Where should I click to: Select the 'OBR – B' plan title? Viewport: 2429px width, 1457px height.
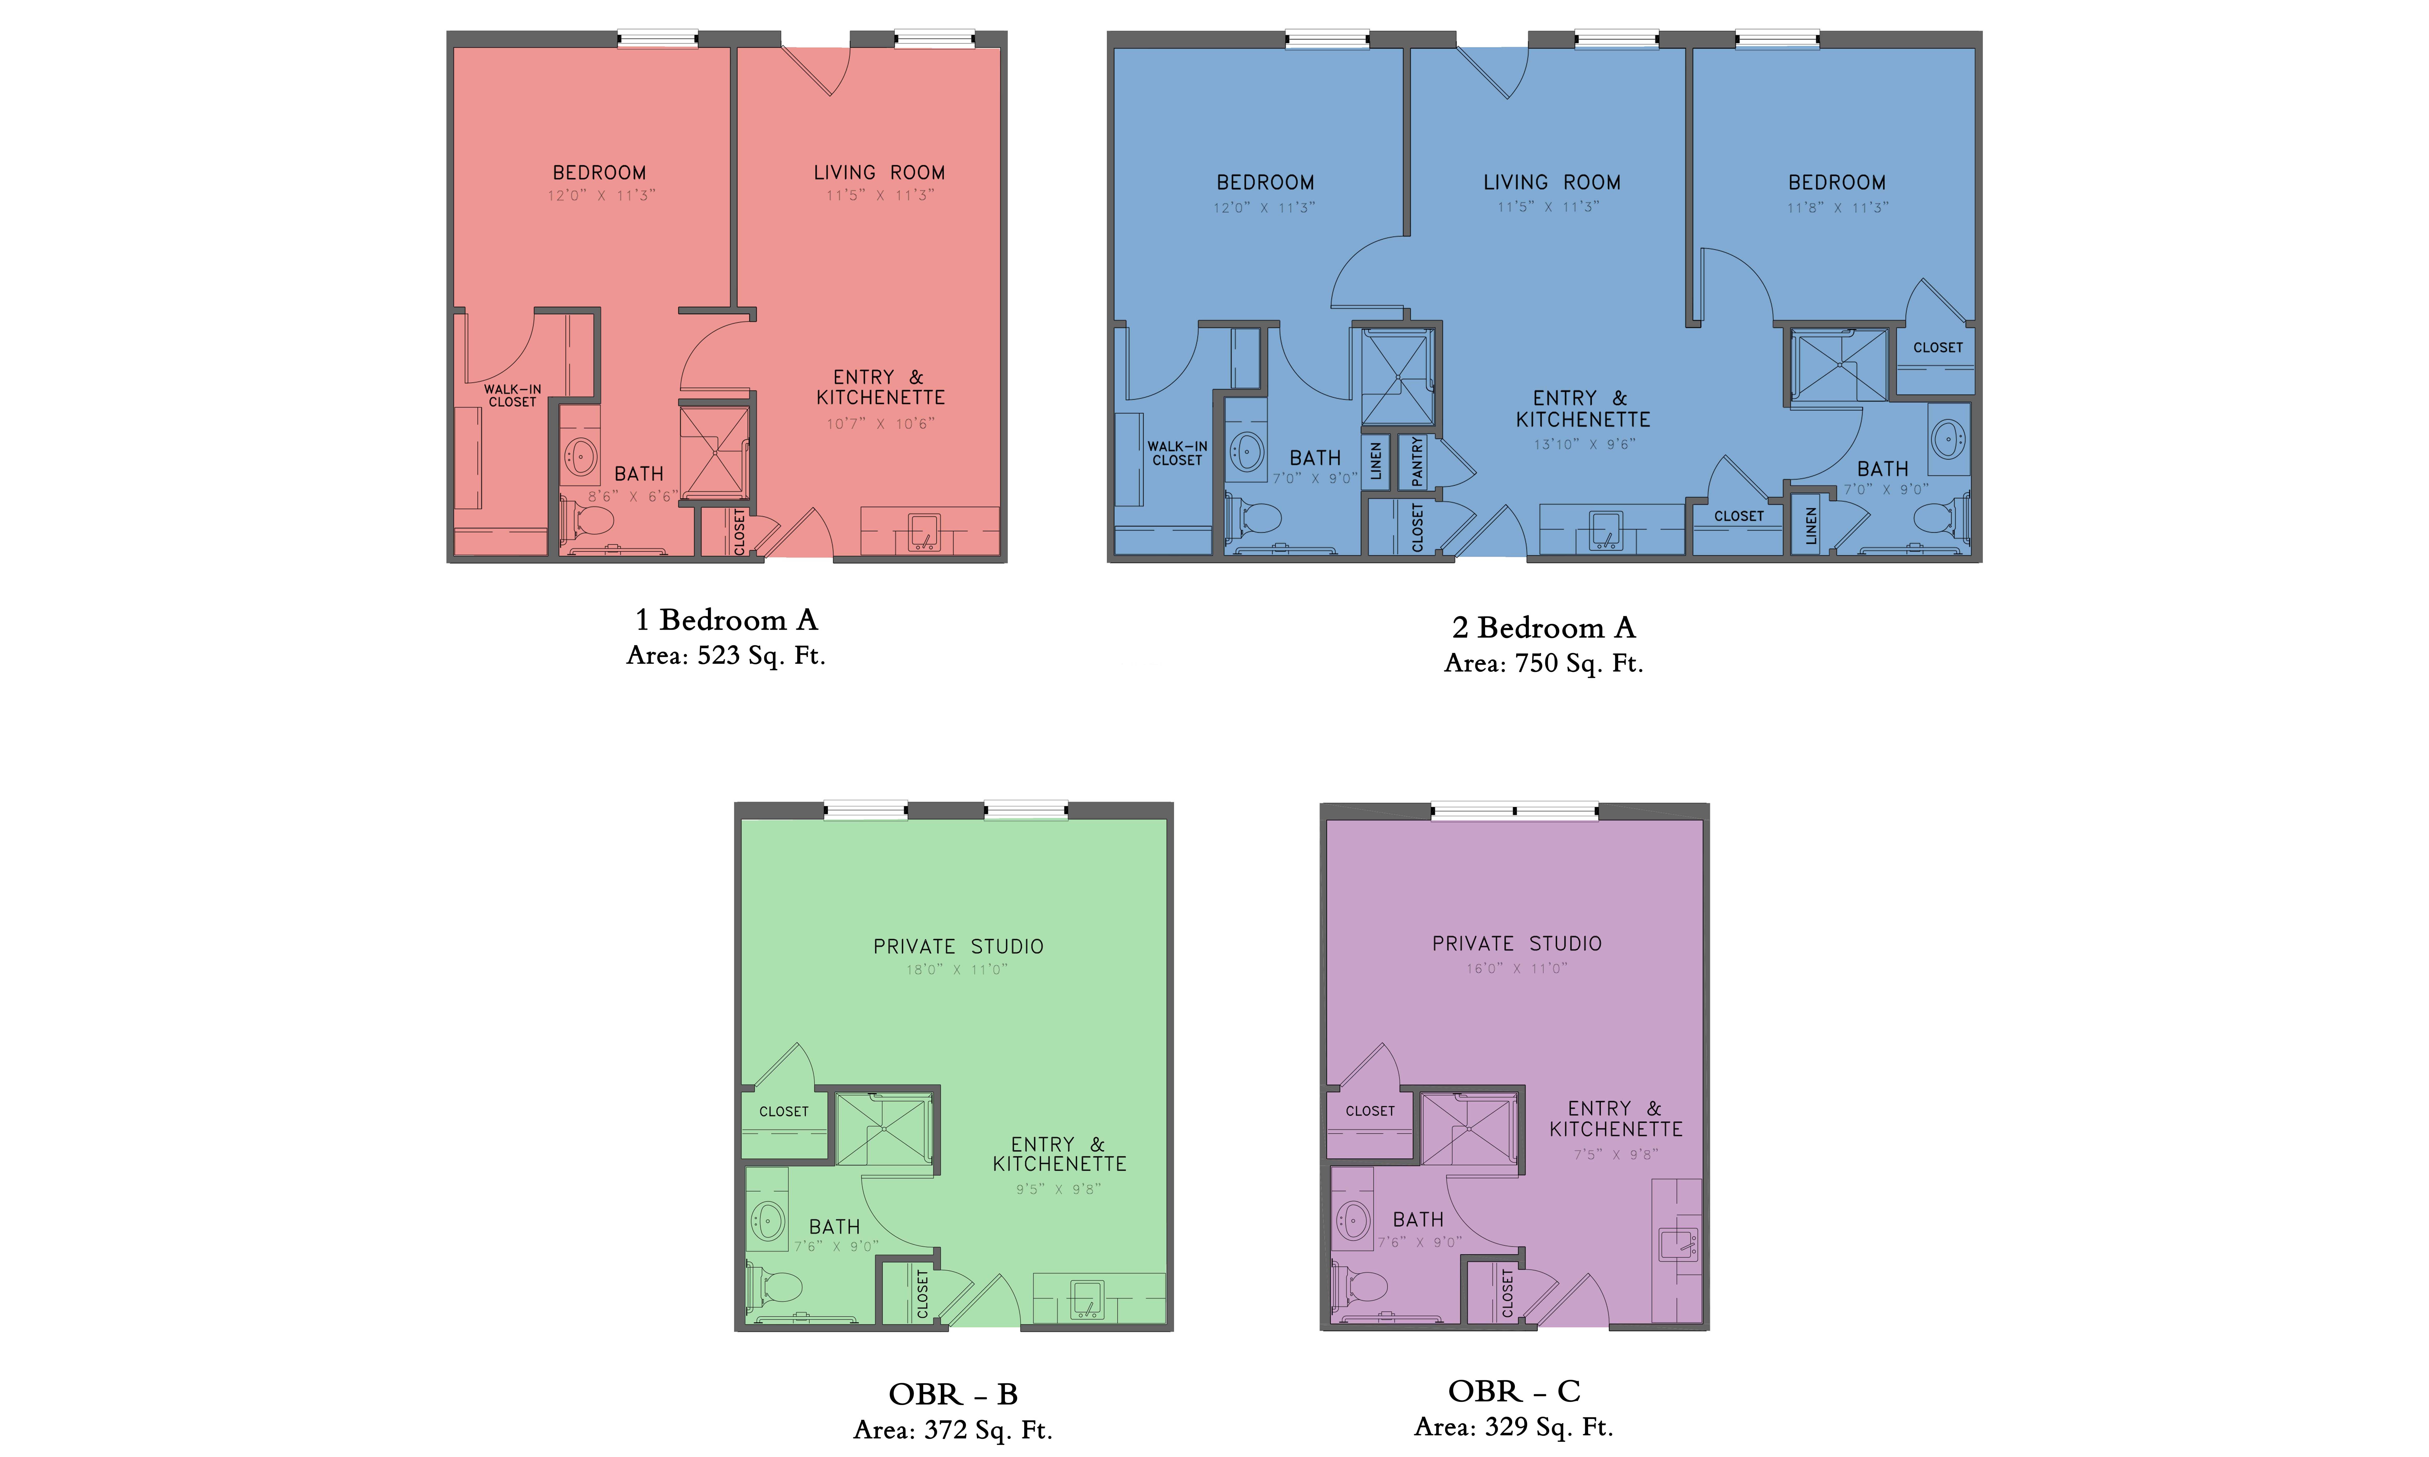953,1394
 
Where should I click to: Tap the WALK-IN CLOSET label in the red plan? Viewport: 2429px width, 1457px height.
513,396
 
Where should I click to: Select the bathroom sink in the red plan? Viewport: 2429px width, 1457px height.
581,456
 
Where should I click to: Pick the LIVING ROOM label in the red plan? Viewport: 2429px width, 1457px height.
880,173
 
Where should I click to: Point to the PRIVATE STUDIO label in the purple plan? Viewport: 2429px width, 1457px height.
1517,943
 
